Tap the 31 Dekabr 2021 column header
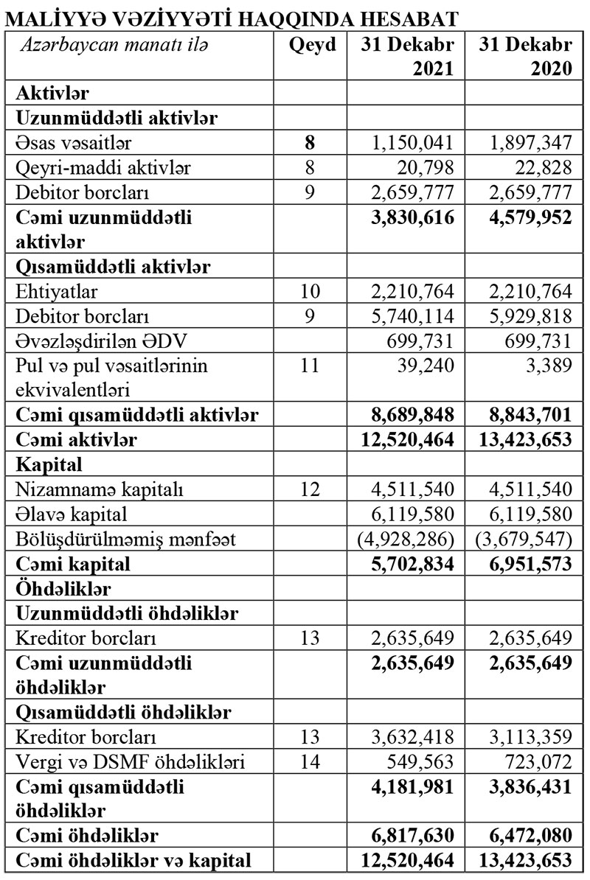click(407, 56)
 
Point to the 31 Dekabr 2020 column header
click(525, 56)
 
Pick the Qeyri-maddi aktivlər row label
click(103, 168)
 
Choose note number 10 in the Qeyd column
click(310, 292)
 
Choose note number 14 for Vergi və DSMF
click(310, 762)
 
